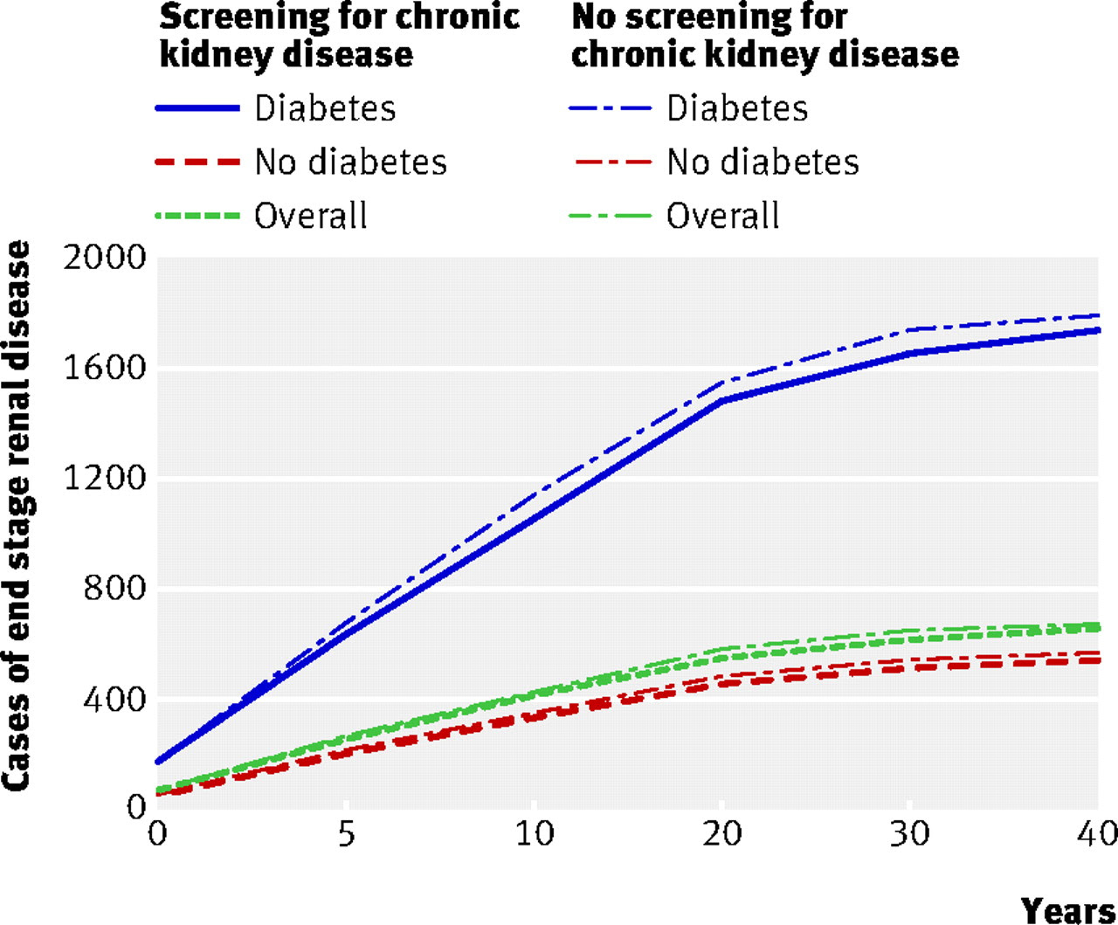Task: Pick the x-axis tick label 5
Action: pos(347,834)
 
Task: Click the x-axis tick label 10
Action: pos(534,834)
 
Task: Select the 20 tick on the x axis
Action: pos(721,834)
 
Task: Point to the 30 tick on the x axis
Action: pos(909,834)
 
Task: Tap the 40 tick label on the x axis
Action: pos(1096,834)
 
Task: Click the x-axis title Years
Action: pos(1068,909)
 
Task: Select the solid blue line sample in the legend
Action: pos(197,108)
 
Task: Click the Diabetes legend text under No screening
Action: pos(737,108)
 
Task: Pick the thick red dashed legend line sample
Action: pos(197,162)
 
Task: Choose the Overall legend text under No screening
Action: pos(722,216)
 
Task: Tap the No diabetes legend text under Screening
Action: pos(350,162)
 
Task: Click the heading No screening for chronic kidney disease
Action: pos(764,35)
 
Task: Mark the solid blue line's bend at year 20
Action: pos(721,401)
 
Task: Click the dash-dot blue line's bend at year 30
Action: pos(909,330)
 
